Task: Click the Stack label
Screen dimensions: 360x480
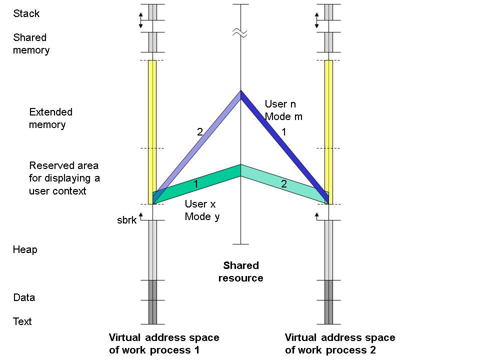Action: (x=26, y=13)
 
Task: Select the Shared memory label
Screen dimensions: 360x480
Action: (x=31, y=43)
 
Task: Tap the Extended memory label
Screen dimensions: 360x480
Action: (x=50, y=118)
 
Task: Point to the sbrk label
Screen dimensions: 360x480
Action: (x=126, y=220)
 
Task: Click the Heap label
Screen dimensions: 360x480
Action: (x=25, y=249)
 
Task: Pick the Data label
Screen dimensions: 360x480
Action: (x=24, y=297)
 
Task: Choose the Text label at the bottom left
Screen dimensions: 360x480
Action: (x=22, y=321)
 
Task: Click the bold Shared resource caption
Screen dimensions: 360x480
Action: (x=240, y=271)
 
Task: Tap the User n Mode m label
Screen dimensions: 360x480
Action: (x=283, y=110)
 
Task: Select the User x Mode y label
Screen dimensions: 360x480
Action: (x=202, y=210)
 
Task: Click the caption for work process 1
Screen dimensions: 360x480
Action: (x=164, y=343)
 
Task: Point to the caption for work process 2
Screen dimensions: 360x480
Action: (x=340, y=343)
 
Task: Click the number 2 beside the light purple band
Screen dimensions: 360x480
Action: (x=199, y=132)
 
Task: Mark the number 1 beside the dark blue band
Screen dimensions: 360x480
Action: (x=284, y=132)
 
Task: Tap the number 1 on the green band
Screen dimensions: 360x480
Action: (x=195, y=184)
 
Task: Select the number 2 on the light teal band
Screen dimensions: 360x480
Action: (x=283, y=184)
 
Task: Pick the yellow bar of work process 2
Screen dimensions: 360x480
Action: (x=328, y=125)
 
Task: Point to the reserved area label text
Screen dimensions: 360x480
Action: (x=64, y=178)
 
